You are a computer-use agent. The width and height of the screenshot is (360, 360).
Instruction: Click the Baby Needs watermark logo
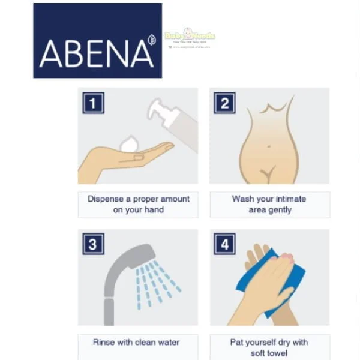click(189, 37)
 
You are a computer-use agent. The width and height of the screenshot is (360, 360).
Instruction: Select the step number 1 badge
click(93, 103)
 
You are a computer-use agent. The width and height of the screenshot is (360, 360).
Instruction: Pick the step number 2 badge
click(224, 103)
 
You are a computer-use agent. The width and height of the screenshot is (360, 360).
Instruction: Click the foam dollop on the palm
click(129, 145)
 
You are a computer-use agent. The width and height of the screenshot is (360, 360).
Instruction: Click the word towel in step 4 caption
click(279, 354)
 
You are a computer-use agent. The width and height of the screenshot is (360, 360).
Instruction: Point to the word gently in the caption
click(279, 210)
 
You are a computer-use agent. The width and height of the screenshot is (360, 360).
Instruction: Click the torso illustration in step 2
click(269, 144)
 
